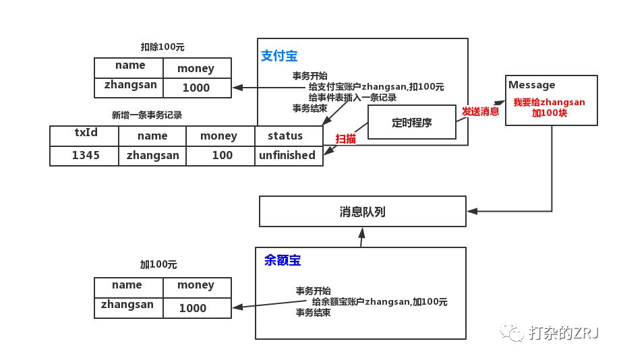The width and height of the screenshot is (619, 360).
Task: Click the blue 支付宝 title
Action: (x=279, y=56)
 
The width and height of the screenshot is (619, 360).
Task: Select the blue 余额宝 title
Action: (x=283, y=260)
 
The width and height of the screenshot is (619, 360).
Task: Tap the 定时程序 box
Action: (x=412, y=122)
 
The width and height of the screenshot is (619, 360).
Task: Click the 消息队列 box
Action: (x=362, y=211)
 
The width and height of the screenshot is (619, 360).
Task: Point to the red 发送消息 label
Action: (x=481, y=111)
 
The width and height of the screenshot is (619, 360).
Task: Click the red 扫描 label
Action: (x=345, y=139)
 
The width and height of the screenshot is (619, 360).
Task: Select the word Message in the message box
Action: (x=532, y=85)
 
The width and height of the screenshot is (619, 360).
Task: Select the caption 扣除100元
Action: (x=163, y=47)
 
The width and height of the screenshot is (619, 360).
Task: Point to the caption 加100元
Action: (x=158, y=264)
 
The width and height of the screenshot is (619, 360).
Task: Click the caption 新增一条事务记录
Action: (x=147, y=115)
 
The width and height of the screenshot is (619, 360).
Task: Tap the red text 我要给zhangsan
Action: (x=549, y=102)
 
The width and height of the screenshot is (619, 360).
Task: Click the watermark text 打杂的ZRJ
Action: (x=563, y=333)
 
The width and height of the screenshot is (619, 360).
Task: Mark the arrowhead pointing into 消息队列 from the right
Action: (x=472, y=211)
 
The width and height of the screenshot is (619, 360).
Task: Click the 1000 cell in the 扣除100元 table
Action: (x=197, y=88)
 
